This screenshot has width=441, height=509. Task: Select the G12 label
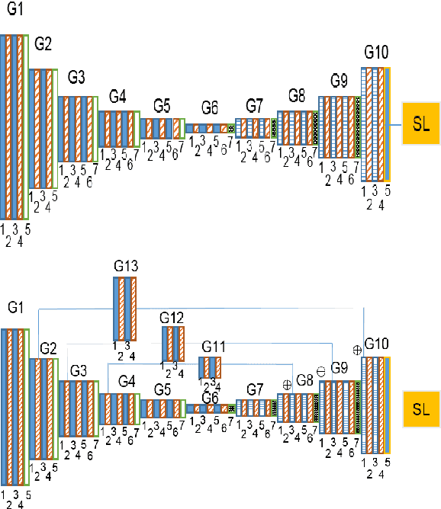tap(172, 317)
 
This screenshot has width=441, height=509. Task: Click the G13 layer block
tap(124, 309)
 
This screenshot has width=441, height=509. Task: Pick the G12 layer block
tap(173, 344)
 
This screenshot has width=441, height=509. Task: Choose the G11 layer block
tap(209, 368)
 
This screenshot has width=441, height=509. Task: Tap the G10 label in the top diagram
tap(376, 53)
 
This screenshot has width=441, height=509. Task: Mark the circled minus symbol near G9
tap(320, 370)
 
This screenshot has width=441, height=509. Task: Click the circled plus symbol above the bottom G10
tap(356, 349)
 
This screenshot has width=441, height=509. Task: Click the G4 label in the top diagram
tap(117, 96)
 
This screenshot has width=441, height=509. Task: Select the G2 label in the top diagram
tap(43, 44)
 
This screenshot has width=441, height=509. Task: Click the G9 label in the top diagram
tap(340, 80)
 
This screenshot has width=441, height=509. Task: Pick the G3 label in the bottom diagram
tap(79, 370)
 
